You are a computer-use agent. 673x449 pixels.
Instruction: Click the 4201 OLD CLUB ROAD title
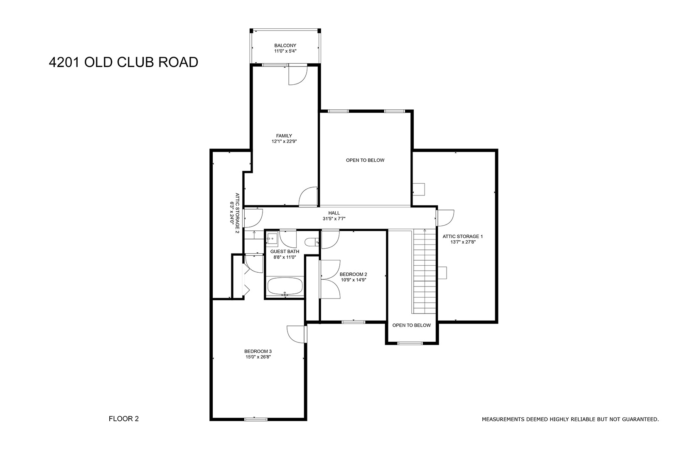click(123, 62)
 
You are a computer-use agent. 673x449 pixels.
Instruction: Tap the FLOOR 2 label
click(124, 419)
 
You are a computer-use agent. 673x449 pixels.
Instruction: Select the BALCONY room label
click(285, 46)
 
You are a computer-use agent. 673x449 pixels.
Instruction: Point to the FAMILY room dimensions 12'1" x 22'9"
click(284, 141)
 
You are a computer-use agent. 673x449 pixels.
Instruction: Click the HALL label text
click(334, 213)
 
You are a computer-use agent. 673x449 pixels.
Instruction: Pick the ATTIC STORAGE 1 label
click(463, 237)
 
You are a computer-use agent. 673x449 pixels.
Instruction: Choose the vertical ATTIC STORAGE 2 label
click(237, 213)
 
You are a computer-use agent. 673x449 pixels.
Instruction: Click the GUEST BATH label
click(285, 252)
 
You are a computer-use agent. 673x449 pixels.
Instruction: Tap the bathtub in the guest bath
click(285, 286)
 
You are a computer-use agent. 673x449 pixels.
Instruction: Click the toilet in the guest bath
click(312, 242)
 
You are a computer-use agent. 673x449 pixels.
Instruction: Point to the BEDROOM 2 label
click(353, 274)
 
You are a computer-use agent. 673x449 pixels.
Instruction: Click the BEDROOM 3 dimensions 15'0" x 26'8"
click(258, 357)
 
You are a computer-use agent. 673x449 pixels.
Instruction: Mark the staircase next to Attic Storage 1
click(425, 271)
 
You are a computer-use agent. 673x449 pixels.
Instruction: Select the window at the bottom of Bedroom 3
click(255, 419)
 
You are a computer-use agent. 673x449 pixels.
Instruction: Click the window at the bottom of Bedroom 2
click(353, 322)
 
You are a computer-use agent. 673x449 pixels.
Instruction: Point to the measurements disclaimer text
click(570, 419)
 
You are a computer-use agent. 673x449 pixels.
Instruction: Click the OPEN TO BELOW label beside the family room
click(365, 160)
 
